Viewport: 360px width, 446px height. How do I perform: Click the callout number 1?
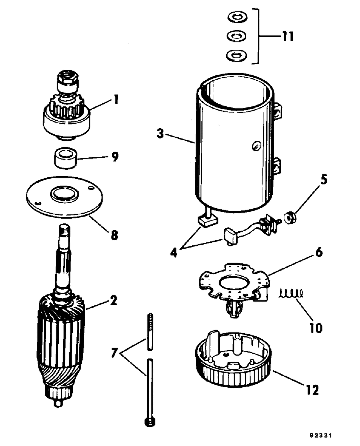point(116,99)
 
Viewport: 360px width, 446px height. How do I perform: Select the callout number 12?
point(312,389)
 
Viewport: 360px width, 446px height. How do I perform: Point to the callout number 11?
point(288,36)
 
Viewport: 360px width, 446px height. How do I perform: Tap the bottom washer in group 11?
point(236,55)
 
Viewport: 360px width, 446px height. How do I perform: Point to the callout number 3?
point(160,134)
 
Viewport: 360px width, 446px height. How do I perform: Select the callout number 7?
point(114,353)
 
